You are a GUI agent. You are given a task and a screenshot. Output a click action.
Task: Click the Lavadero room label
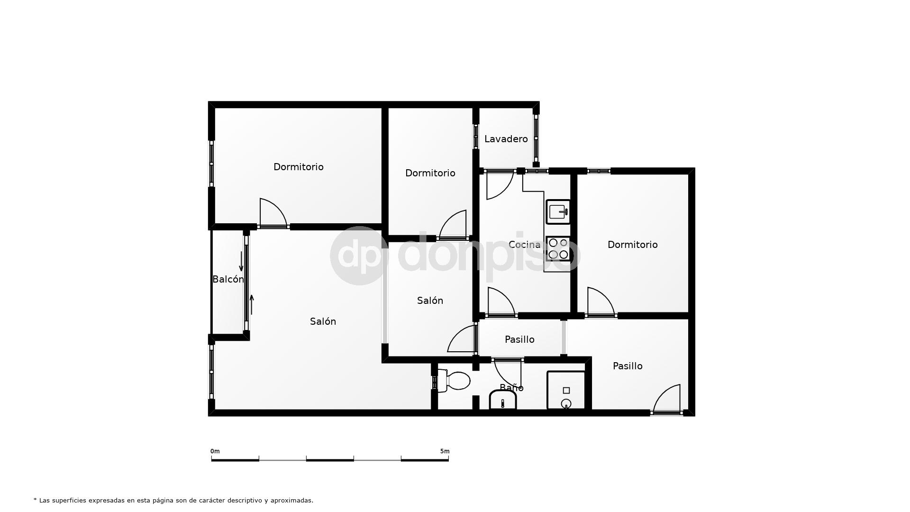(x=506, y=139)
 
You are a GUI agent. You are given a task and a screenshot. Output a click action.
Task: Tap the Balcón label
(x=228, y=279)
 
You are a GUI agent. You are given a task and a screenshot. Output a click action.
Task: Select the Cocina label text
(x=524, y=245)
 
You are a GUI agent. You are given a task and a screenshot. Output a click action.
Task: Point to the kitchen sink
(x=558, y=211)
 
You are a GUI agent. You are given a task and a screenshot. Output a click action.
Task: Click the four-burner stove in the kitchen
(x=558, y=249)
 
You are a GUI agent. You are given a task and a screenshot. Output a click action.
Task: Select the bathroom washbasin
(x=502, y=401)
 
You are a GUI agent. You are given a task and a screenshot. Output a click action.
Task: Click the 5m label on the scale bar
(x=445, y=451)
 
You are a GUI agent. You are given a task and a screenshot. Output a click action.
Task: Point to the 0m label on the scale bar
(x=215, y=451)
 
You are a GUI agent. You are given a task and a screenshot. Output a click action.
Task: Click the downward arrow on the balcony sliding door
(x=241, y=262)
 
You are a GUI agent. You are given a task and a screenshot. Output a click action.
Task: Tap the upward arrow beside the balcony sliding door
(x=252, y=304)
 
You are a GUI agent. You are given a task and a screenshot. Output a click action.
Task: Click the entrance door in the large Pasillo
(x=667, y=401)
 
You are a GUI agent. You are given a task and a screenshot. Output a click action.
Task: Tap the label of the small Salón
(x=430, y=301)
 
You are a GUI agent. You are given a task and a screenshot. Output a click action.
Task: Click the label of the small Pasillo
(x=519, y=339)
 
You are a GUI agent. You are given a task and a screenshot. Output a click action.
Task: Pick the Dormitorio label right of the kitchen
(x=632, y=245)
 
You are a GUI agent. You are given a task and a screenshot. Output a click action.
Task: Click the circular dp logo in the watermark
(x=359, y=256)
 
